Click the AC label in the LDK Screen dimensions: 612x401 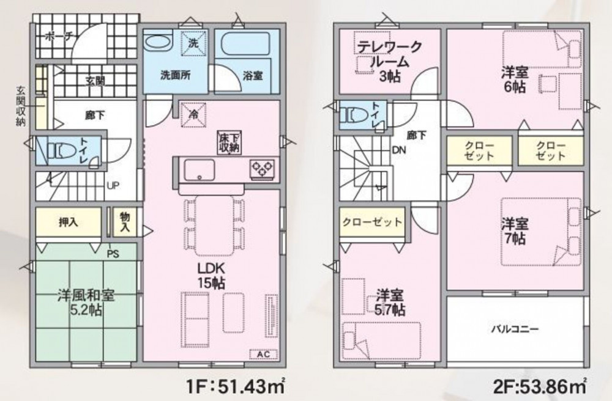263,354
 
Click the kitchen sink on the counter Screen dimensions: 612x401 199,170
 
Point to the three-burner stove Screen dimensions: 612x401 263,169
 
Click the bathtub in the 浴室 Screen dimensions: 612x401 245,43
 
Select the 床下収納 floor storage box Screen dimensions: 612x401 229,142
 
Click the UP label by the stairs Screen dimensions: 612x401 113,185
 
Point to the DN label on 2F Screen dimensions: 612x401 399,150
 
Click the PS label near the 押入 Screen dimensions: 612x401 113,254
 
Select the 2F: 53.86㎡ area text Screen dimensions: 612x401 540,386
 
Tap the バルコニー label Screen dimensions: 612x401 515,329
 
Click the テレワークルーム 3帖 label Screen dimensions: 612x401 390,62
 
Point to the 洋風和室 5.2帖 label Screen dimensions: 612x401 86,303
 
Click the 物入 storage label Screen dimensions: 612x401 125,222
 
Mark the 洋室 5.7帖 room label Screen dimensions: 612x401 390,303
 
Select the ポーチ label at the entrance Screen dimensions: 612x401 58,37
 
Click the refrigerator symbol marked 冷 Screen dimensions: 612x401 193,114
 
